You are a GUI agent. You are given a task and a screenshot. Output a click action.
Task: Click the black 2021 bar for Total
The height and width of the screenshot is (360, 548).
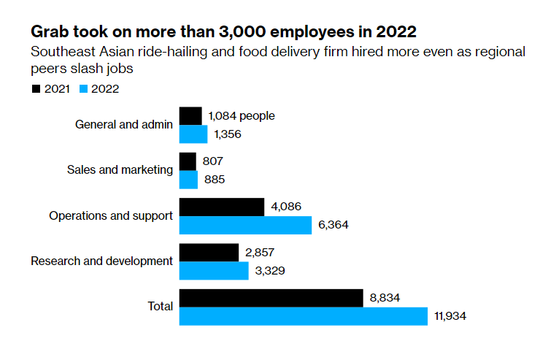pyautogui.click(x=271, y=298)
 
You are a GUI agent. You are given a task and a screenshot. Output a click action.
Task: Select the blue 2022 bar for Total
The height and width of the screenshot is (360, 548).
pyautogui.click(x=303, y=316)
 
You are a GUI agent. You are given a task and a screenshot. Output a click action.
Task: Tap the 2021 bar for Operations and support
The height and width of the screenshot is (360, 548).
pyautogui.click(x=221, y=207)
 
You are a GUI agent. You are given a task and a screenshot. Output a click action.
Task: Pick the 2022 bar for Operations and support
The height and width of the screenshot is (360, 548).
pyautogui.click(x=245, y=225)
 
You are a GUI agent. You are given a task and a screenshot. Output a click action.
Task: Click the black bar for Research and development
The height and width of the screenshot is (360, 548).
pyautogui.click(x=209, y=253)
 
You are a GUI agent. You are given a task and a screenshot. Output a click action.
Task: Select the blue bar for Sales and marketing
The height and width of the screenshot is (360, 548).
pyautogui.click(x=188, y=180)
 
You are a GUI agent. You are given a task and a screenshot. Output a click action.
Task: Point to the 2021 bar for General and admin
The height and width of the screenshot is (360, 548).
pyautogui.click(x=190, y=115)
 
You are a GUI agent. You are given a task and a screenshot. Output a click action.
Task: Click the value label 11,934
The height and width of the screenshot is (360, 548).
pyautogui.click(x=449, y=316)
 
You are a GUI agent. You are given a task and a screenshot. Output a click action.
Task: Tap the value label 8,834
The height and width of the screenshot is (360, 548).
pyautogui.click(x=385, y=298)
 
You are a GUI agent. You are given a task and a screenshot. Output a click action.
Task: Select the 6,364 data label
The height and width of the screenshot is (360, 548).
pyautogui.click(x=333, y=225)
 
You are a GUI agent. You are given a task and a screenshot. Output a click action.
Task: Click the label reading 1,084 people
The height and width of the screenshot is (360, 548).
pyautogui.click(x=242, y=115)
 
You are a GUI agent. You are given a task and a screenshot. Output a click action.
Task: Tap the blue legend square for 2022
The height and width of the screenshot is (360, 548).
pyautogui.click(x=82, y=89)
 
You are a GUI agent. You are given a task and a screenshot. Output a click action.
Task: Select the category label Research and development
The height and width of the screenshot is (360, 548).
pyautogui.click(x=101, y=261)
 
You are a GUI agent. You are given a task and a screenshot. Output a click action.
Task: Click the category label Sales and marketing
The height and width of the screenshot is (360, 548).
pyautogui.click(x=120, y=170)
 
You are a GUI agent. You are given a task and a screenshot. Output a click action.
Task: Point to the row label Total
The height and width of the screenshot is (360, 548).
pyautogui.click(x=160, y=307)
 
